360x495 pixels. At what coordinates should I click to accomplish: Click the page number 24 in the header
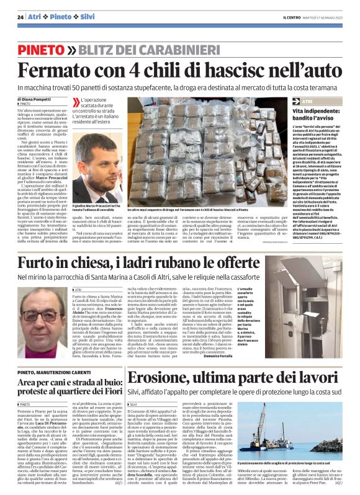[x=20, y=17]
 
